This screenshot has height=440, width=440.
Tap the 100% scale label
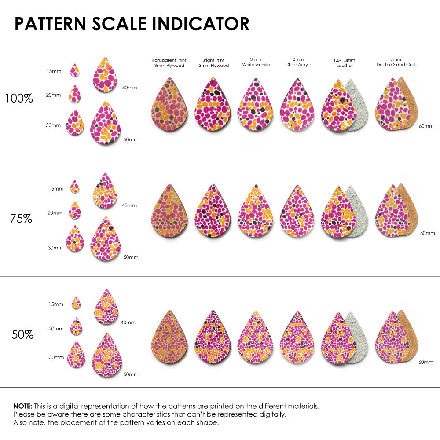point(19,99)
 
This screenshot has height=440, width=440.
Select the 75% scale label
point(21,218)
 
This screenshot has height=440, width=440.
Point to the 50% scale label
point(22,335)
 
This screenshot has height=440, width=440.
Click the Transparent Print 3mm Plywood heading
point(169,62)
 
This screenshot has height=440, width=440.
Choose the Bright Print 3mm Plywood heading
point(213,62)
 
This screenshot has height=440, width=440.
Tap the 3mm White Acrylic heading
point(256,62)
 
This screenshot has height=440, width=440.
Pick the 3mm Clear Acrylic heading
point(299,62)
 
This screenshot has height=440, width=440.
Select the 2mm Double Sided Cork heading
point(396,62)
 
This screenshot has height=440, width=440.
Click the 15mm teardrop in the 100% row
point(75,70)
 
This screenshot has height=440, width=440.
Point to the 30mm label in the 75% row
point(55,248)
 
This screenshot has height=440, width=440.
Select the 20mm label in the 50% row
point(56,329)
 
